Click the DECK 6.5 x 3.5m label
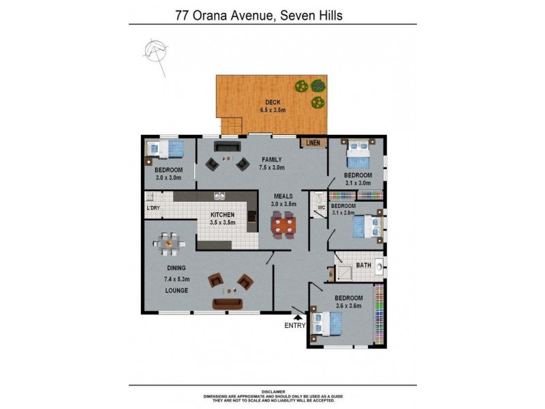pyautogui.click(x=272, y=106)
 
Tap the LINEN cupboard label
pyautogui.click(x=313, y=143)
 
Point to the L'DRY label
pyautogui.click(x=153, y=208)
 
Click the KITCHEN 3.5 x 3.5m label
pyautogui.click(x=222, y=218)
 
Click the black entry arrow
pyautogui.click(x=297, y=315)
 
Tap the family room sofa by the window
pyautogui.click(x=226, y=147)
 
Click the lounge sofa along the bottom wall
pyautogui.click(x=227, y=303)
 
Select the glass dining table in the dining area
pyautogui.click(x=168, y=241)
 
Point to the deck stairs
pyautogui.click(x=234, y=126)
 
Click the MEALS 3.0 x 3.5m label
pyautogui.click(x=283, y=199)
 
